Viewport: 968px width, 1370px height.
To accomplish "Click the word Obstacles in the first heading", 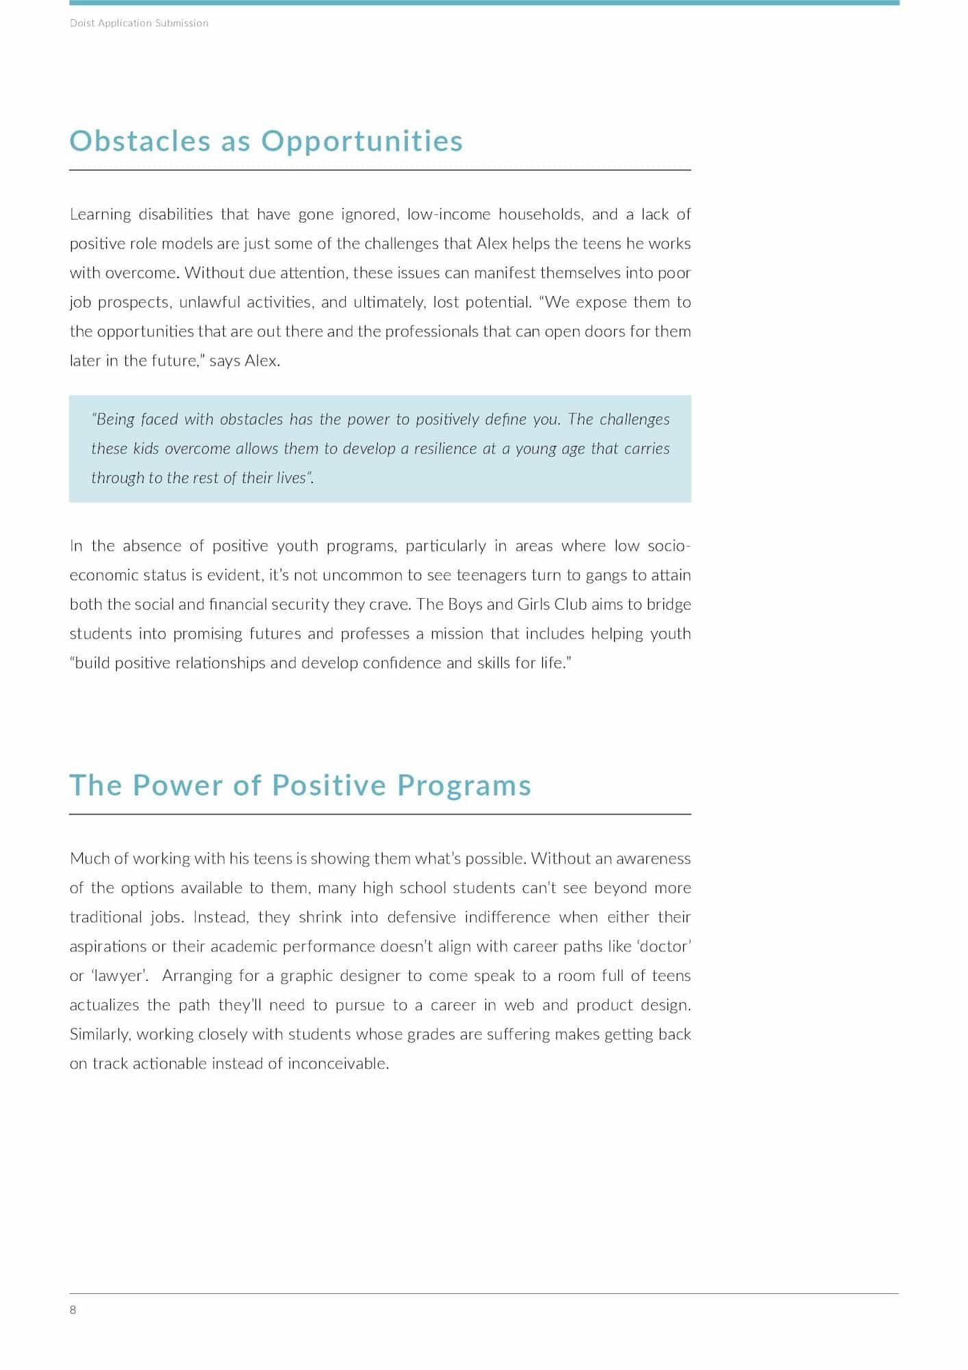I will (x=140, y=141).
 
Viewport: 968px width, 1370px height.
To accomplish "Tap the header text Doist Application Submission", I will (x=139, y=23).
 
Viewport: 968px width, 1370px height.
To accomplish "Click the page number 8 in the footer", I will (x=73, y=1310).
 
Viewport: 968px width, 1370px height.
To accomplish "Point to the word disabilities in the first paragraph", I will (x=175, y=214).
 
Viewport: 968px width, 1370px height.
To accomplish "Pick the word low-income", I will (x=448, y=214).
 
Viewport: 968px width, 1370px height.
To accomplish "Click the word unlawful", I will (x=209, y=302).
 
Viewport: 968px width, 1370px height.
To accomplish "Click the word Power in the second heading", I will (x=178, y=786).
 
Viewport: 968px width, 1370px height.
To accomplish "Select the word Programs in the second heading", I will (x=464, y=786).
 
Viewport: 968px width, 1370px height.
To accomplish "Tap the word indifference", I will (x=507, y=917).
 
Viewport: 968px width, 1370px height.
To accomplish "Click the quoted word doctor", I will (x=664, y=947).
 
